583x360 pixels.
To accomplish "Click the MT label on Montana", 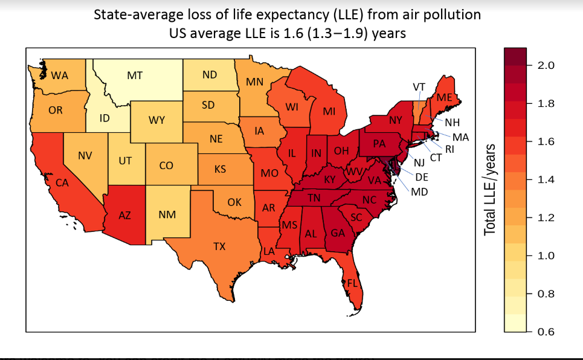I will tap(135, 76).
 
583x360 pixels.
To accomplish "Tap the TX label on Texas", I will tap(219, 246).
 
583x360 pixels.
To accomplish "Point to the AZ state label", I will tap(125, 215).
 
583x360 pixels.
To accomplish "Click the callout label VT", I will tap(418, 87).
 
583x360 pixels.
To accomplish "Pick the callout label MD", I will tap(419, 192).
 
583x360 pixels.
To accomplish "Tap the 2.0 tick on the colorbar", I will tap(546, 65).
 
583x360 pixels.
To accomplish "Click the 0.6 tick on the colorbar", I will tap(546, 332).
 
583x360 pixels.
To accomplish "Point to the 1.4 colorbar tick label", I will tap(546, 179).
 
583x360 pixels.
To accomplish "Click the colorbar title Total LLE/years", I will tap(490, 190).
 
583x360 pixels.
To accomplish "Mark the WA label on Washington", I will tap(59, 76).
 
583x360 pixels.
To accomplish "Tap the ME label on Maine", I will tap(445, 98).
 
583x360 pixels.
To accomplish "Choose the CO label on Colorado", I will tap(166, 165).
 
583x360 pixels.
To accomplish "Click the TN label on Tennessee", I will tap(314, 198).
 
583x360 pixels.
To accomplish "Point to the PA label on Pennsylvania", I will tap(379, 144).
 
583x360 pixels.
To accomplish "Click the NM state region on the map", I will tap(167, 214).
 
